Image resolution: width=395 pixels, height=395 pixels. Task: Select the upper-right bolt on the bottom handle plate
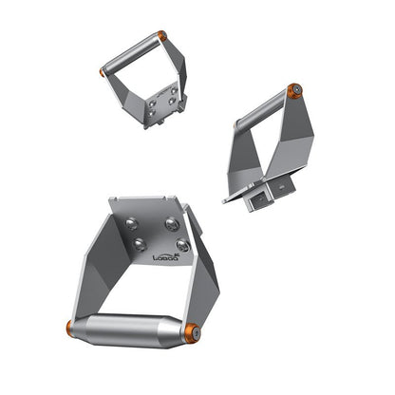coord(172,224)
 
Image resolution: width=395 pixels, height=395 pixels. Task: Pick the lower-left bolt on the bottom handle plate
coord(140,244)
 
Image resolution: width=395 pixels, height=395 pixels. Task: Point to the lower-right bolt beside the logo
coord(182,246)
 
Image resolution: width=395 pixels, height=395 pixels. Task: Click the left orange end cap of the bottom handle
coord(70,329)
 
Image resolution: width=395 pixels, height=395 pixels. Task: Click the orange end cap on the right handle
coord(294,91)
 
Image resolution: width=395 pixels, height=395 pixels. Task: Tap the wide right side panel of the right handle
coord(293,142)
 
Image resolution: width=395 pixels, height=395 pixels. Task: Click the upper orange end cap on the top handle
coord(162,36)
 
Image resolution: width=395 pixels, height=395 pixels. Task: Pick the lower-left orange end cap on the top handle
coord(103,71)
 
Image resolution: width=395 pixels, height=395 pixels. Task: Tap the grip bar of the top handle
coord(131,53)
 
